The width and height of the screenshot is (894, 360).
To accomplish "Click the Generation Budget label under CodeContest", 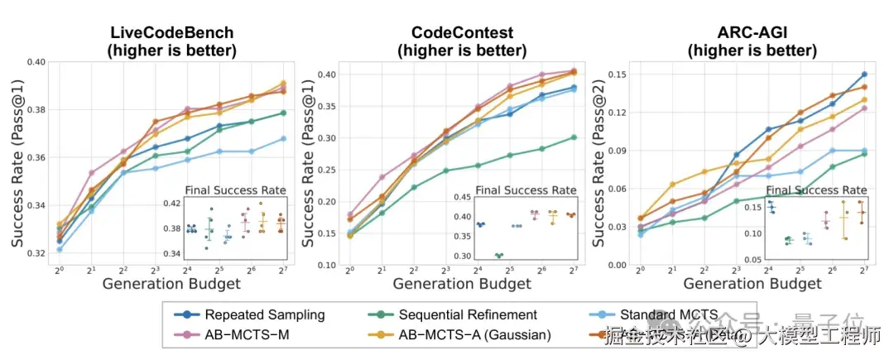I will (462, 285).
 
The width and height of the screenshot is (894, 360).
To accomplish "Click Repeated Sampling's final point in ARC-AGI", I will (864, 74).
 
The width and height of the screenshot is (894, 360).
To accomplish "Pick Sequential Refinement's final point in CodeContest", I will (574, 137).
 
